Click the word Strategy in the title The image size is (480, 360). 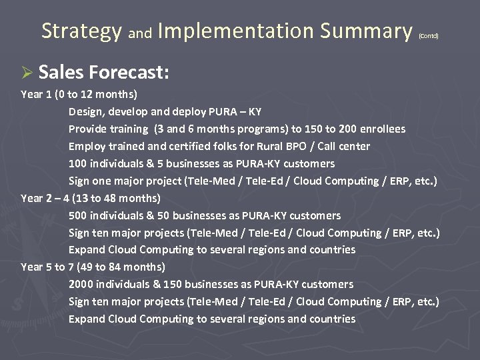(x=81, y=31)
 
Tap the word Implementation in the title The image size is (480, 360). (x=236, y=31)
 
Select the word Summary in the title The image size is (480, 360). (x=366, y=31)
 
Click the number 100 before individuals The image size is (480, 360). (x=78, y=163)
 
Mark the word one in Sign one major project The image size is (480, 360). (x=103, y=181)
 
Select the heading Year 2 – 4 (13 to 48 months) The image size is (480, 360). (x=91, y=198)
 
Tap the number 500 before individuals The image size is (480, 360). (x=78, y=215)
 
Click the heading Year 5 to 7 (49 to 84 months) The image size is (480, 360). (x=93, y=267)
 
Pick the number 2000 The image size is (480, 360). (x=81, y=284)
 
